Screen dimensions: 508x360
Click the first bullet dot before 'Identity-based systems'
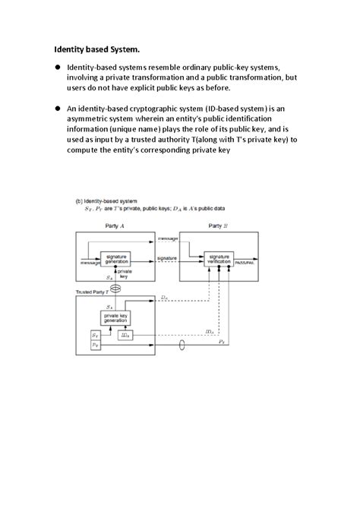pyautogui.click(x=56, y=67)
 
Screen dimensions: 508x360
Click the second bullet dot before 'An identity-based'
pyautogui.click(x=56, y=109)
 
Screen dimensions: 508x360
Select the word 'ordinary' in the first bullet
pyautogui.click(x=201, y=67)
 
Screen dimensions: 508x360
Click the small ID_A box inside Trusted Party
pyautogui.click(x=125, y=335)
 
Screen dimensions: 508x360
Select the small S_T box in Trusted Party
pyautogui.click(x=95, y=335)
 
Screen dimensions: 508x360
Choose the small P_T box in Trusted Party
pyautogui.click(x=95, y=345)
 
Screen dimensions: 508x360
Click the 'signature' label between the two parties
pyautogui.click(x=168, y=258)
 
